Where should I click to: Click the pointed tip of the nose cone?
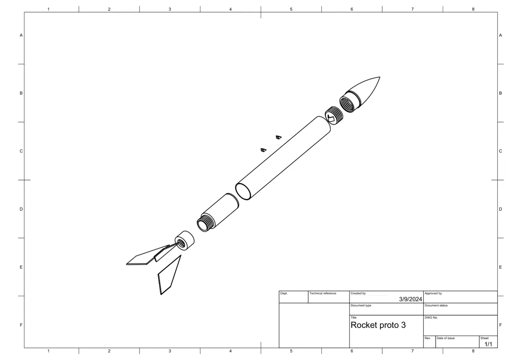point(379,77)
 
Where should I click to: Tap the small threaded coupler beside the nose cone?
point(334,115)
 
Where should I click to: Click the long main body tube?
point(283,158)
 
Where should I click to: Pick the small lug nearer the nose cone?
point(278,137)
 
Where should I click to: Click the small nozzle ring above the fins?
point(185,241)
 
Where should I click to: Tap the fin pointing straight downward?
point(169,275)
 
